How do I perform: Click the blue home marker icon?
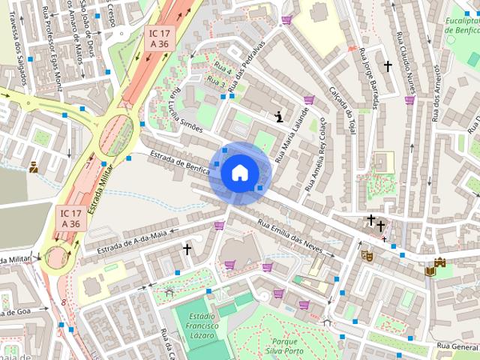pyautogui.click(x=239, y=172)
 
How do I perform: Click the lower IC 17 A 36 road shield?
pyautogui.click(x=70, y=218)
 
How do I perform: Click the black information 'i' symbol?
pyautogui.click(x=279, y=116)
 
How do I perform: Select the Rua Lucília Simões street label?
pyautogui.click(x=187, y=110)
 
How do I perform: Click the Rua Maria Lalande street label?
pyautogui.click(x=292, y=136)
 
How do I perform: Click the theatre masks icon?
pyautogui.click(x=367, y=255)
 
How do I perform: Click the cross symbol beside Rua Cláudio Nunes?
pyautogui.click(x=388, y=66)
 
